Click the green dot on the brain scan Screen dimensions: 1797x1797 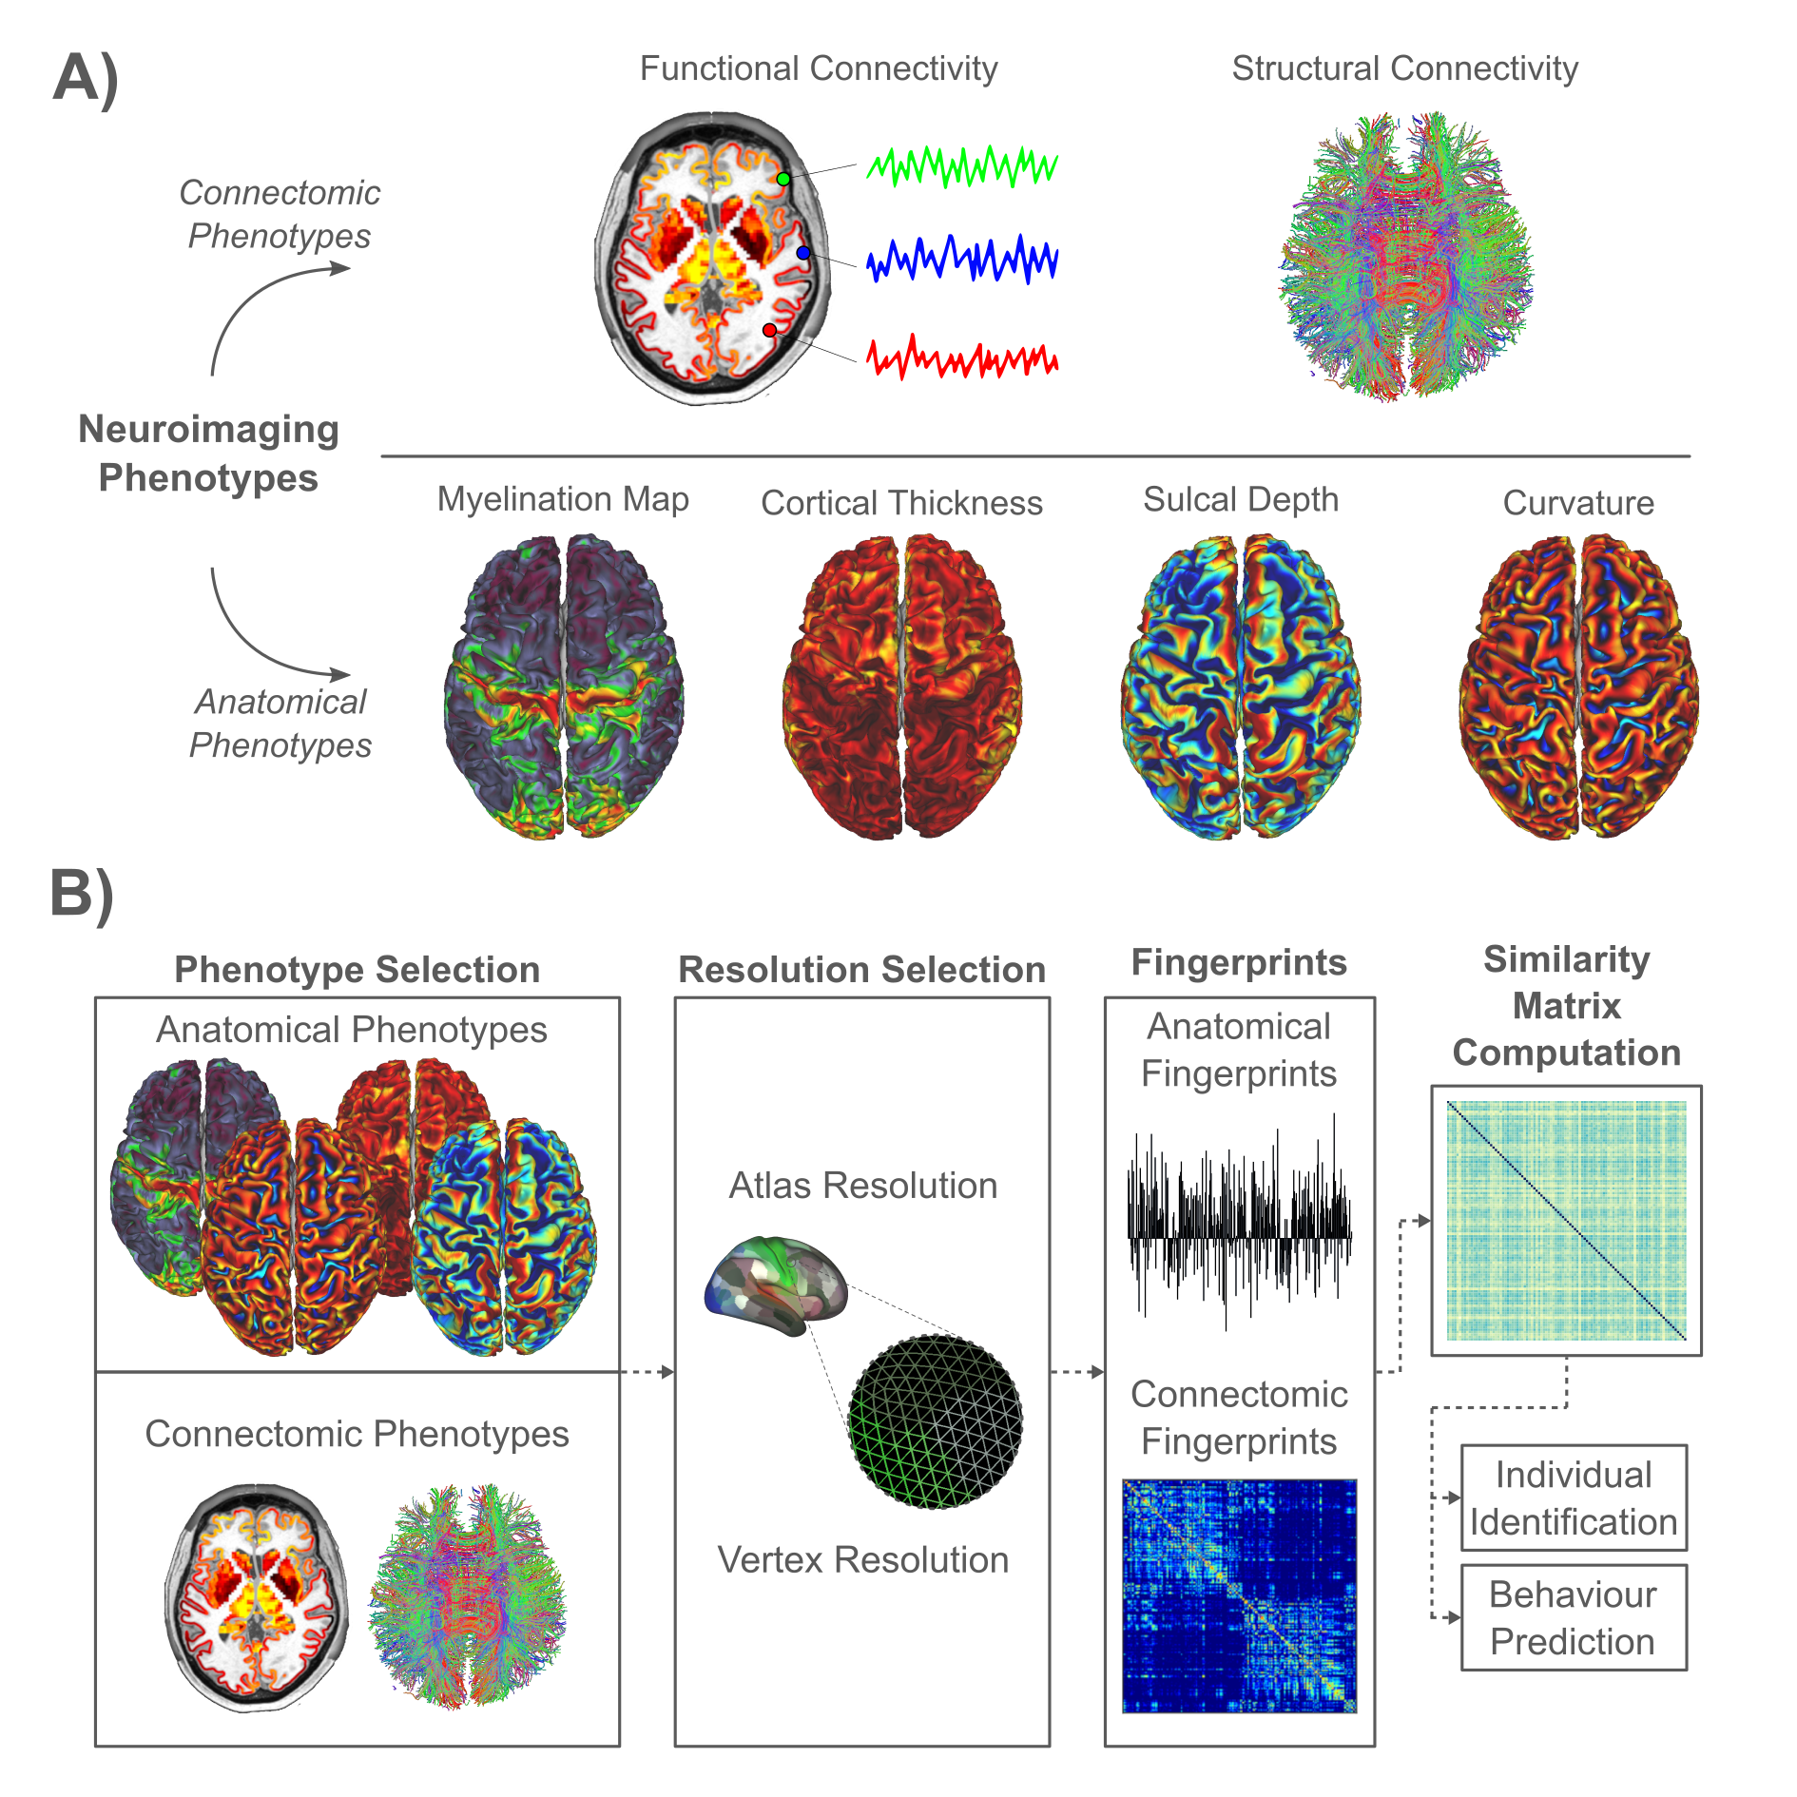click(783, 179)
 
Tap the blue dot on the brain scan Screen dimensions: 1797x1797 click(803, 253)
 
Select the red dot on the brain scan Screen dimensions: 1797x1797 click(769, 330)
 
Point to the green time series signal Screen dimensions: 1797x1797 click(961, 166)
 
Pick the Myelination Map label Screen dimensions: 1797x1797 click(563, 499)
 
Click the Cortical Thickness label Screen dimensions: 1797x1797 click(901, 503)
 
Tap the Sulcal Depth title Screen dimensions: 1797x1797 click(1240, 499)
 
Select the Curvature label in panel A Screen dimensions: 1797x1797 click(1578, 503)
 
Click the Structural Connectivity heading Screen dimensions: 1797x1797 click(1404, 68)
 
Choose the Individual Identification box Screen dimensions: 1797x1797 click(1574, 1497)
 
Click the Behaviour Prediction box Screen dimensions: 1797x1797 click(1574, 1617)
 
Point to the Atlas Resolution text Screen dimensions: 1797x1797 click(862, 1186)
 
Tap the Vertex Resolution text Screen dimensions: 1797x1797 click(862, 1560)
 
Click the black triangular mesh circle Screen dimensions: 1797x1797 click(936, 1421)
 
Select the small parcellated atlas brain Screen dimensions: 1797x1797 click(776, 1284)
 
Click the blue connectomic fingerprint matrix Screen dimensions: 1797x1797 click(1239, 1595)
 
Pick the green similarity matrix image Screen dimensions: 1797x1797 click(1566, 1220)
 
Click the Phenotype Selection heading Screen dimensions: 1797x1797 click(357, 970)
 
